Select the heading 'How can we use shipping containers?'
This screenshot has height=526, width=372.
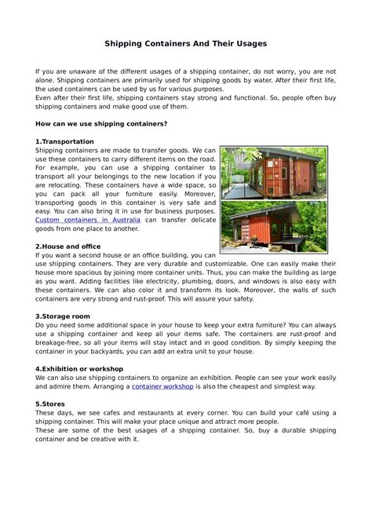(101, 124)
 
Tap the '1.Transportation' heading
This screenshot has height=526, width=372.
(65, 141)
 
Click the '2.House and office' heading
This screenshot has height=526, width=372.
(69, 246)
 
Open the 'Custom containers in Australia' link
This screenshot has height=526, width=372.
(88, 220)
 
